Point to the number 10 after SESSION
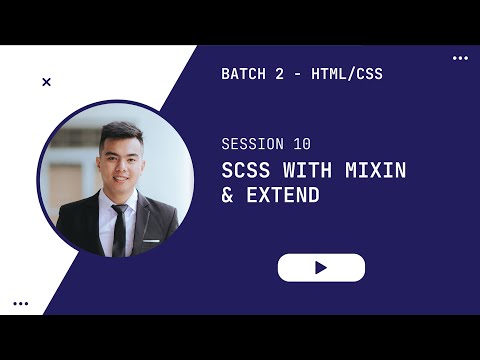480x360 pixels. [x=301, y=144]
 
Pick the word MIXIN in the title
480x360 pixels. [x=372, y=171]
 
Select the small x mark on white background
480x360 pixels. [x=46, y=82]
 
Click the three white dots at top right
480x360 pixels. [x=460, y=58]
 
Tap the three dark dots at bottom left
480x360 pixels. [x=21, y=303]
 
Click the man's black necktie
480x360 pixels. [x=119, y=230]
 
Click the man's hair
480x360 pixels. [x=119, y=134]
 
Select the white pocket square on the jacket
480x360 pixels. [x=151, y=241]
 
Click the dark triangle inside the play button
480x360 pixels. [x=321, y=268]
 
